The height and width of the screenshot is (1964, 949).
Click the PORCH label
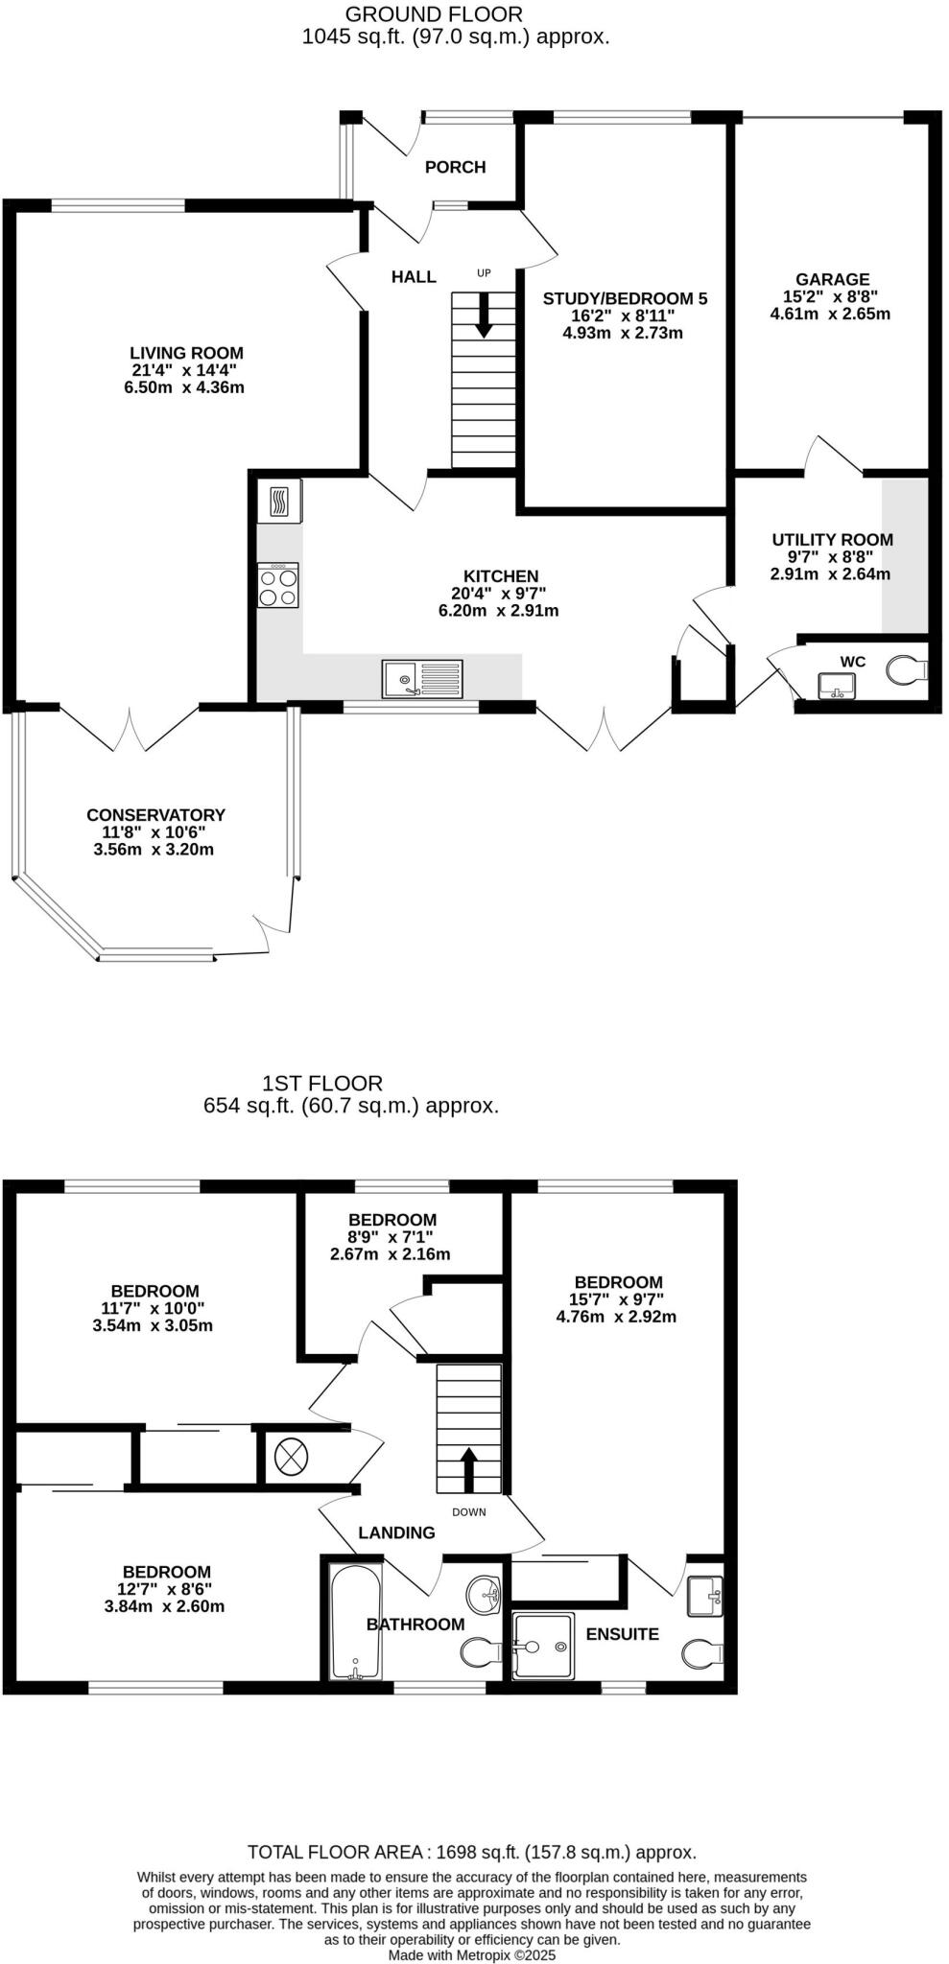455,167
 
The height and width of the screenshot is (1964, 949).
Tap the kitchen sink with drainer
422,679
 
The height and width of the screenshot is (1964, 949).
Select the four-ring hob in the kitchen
278,585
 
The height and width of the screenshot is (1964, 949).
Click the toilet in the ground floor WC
906,669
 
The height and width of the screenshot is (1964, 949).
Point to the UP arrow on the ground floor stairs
484,315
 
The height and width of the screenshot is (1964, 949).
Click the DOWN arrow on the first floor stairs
469,1469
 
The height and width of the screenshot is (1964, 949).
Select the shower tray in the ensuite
543,1646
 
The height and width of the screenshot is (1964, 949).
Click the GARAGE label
831,280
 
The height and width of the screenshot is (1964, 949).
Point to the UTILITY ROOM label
832,540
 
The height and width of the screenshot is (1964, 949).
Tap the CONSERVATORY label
155,815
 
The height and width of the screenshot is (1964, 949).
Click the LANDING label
396,1532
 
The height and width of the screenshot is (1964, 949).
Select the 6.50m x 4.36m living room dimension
187,387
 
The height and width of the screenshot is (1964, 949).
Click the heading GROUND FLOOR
434,14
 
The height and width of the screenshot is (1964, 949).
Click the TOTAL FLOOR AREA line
471,1853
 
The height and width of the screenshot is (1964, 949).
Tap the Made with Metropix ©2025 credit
471,1954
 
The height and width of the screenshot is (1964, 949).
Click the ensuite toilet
701,1652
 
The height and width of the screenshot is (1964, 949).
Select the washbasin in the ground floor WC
837,686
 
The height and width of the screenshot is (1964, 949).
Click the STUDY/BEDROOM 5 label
625,298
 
